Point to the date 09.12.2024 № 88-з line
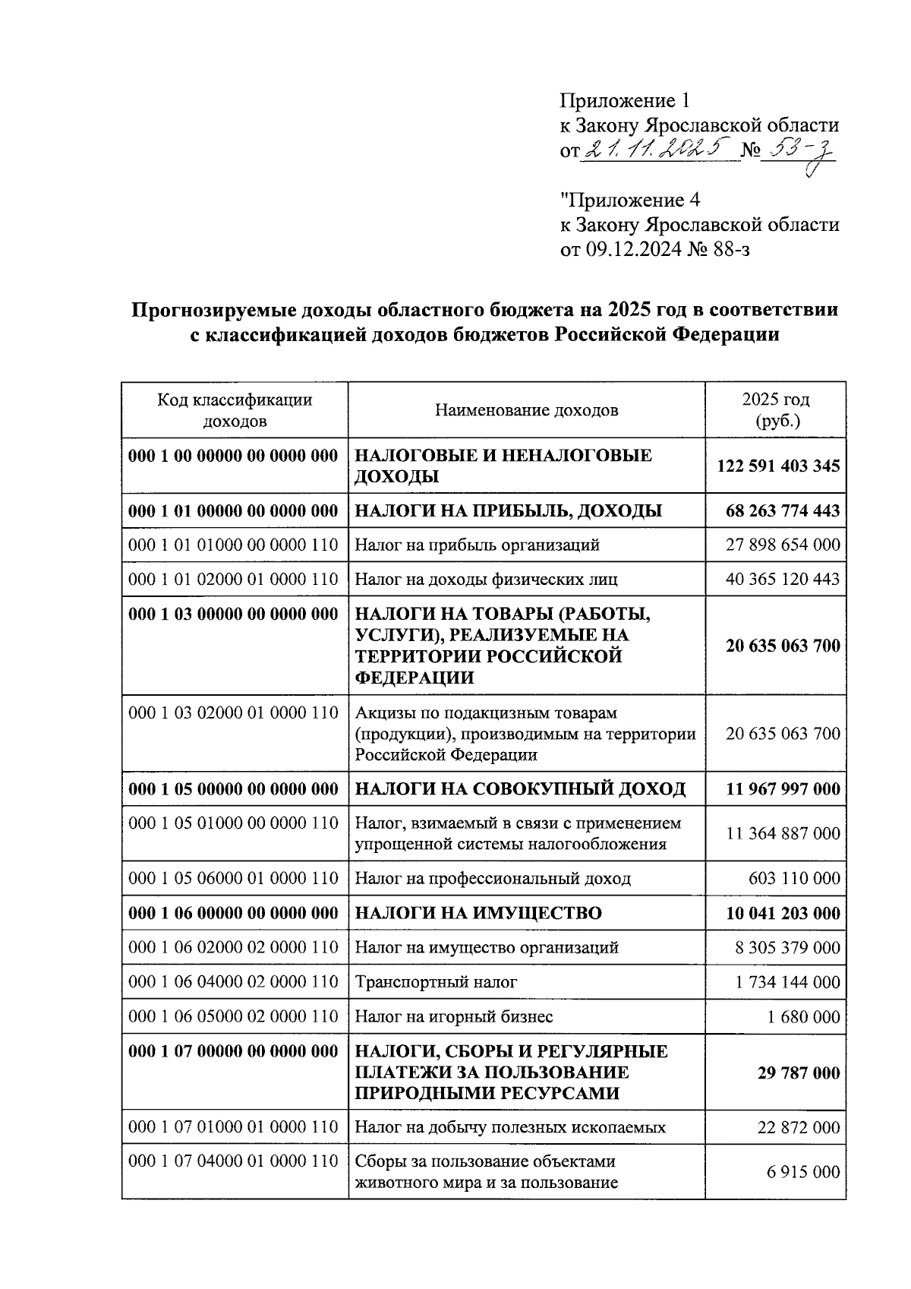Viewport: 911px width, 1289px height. [654, 249]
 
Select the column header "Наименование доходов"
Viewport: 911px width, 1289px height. [526, 411]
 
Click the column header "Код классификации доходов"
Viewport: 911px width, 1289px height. [235, 410]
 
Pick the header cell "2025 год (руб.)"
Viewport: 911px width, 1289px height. [776, 410]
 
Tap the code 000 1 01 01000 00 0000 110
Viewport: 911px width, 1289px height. [234, 545]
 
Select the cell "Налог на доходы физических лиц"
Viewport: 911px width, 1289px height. [486, 580]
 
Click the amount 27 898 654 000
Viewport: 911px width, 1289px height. [783, 545]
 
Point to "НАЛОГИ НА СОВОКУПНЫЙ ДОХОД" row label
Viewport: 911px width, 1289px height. [520, 789]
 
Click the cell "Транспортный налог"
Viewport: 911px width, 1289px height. [436, 982]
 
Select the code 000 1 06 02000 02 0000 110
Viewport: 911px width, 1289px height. [234, 948]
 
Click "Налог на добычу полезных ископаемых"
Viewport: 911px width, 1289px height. [510, 1127]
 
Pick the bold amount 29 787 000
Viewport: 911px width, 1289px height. [799, 1073]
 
